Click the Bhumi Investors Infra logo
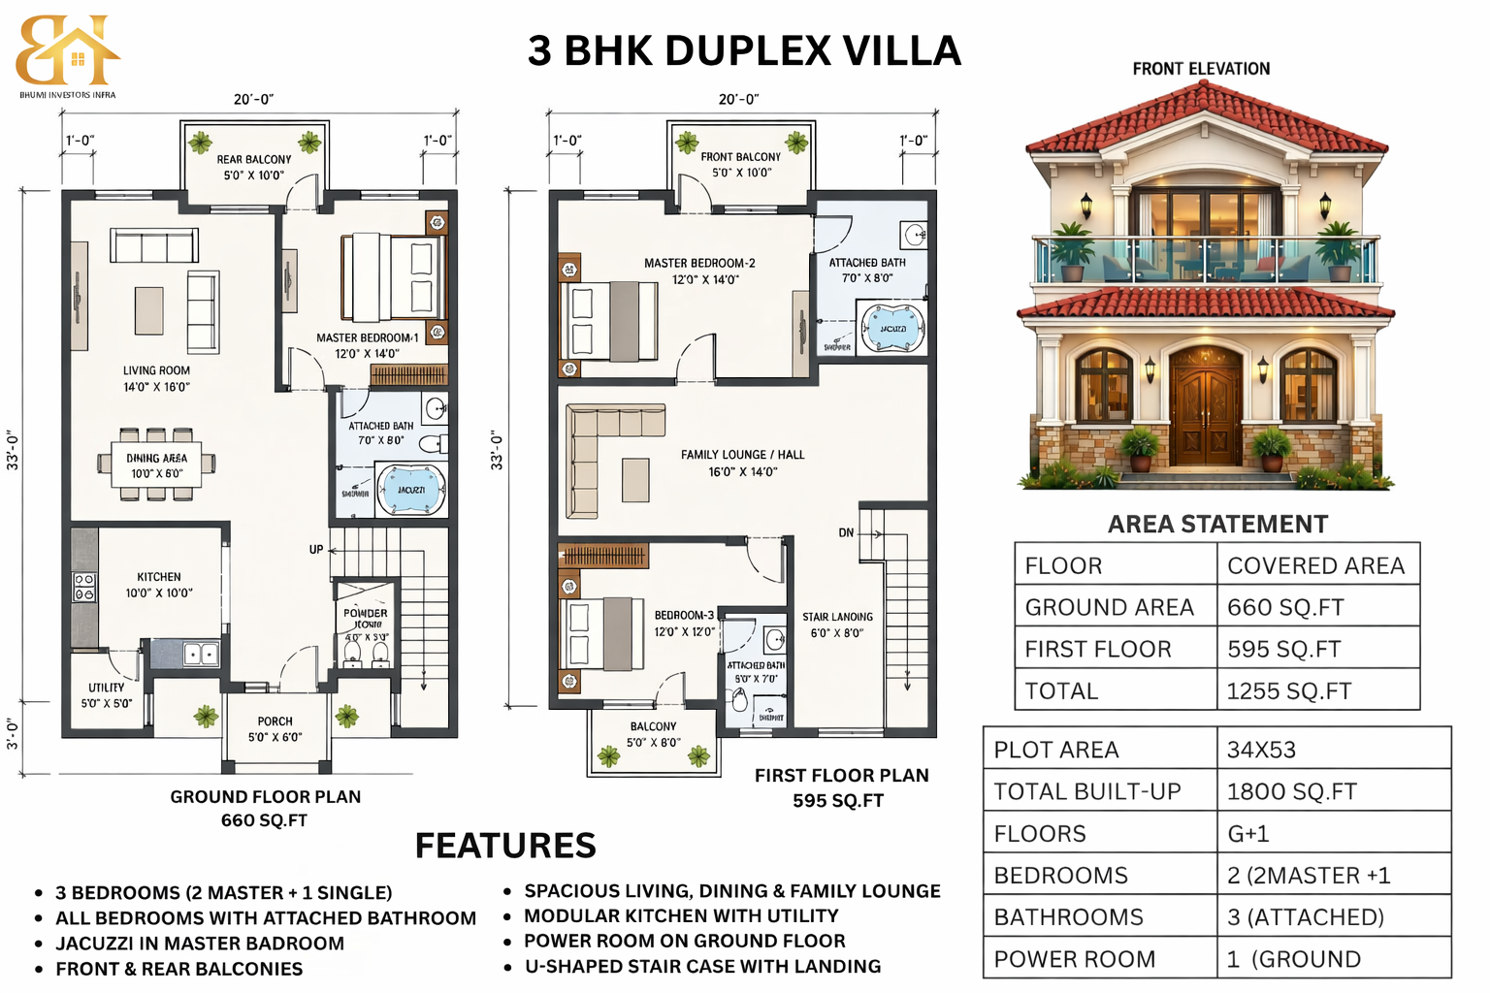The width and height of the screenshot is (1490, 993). pyautogui.click(x=67, y=54)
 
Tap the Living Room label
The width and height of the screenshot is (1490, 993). pyautogui.click(x=156, y=378)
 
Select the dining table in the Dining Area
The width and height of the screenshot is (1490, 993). pyautogui.click(x=156, y=464)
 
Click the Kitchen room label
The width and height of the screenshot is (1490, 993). pyautogui.click(x=159, y=584)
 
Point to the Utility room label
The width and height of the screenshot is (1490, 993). pyautogui.click(x=107, y=694)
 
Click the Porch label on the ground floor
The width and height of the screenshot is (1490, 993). pyautogui.click(x=275, y=728)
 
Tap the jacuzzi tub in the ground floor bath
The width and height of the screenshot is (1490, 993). pyautogui.click(x=411, y=491)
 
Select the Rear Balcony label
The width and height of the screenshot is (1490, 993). pyautogui.click(x=254, y=167)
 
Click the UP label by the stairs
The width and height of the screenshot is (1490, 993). pyautogui.click(x=316, y=549)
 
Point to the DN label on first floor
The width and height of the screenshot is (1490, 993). pyautogui.click(x=846, y=532)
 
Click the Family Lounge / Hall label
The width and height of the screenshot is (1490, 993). pyautogui.click(x=742, y=463)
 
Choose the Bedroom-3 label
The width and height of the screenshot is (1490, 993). pyautogui.click(x=684, y=623)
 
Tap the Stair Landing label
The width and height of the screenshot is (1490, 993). pyautogui.click(x=837, y=625)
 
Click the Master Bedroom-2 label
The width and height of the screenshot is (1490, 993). pyautogui.click(x=699, y=271)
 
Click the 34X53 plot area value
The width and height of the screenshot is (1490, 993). pyautogui.click(x=1261, y=750)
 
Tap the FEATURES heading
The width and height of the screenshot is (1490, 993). pyautogui.click(x=505, y=846)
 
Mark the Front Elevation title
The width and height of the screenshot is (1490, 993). pyautogui.click(x=1201, y=69)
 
